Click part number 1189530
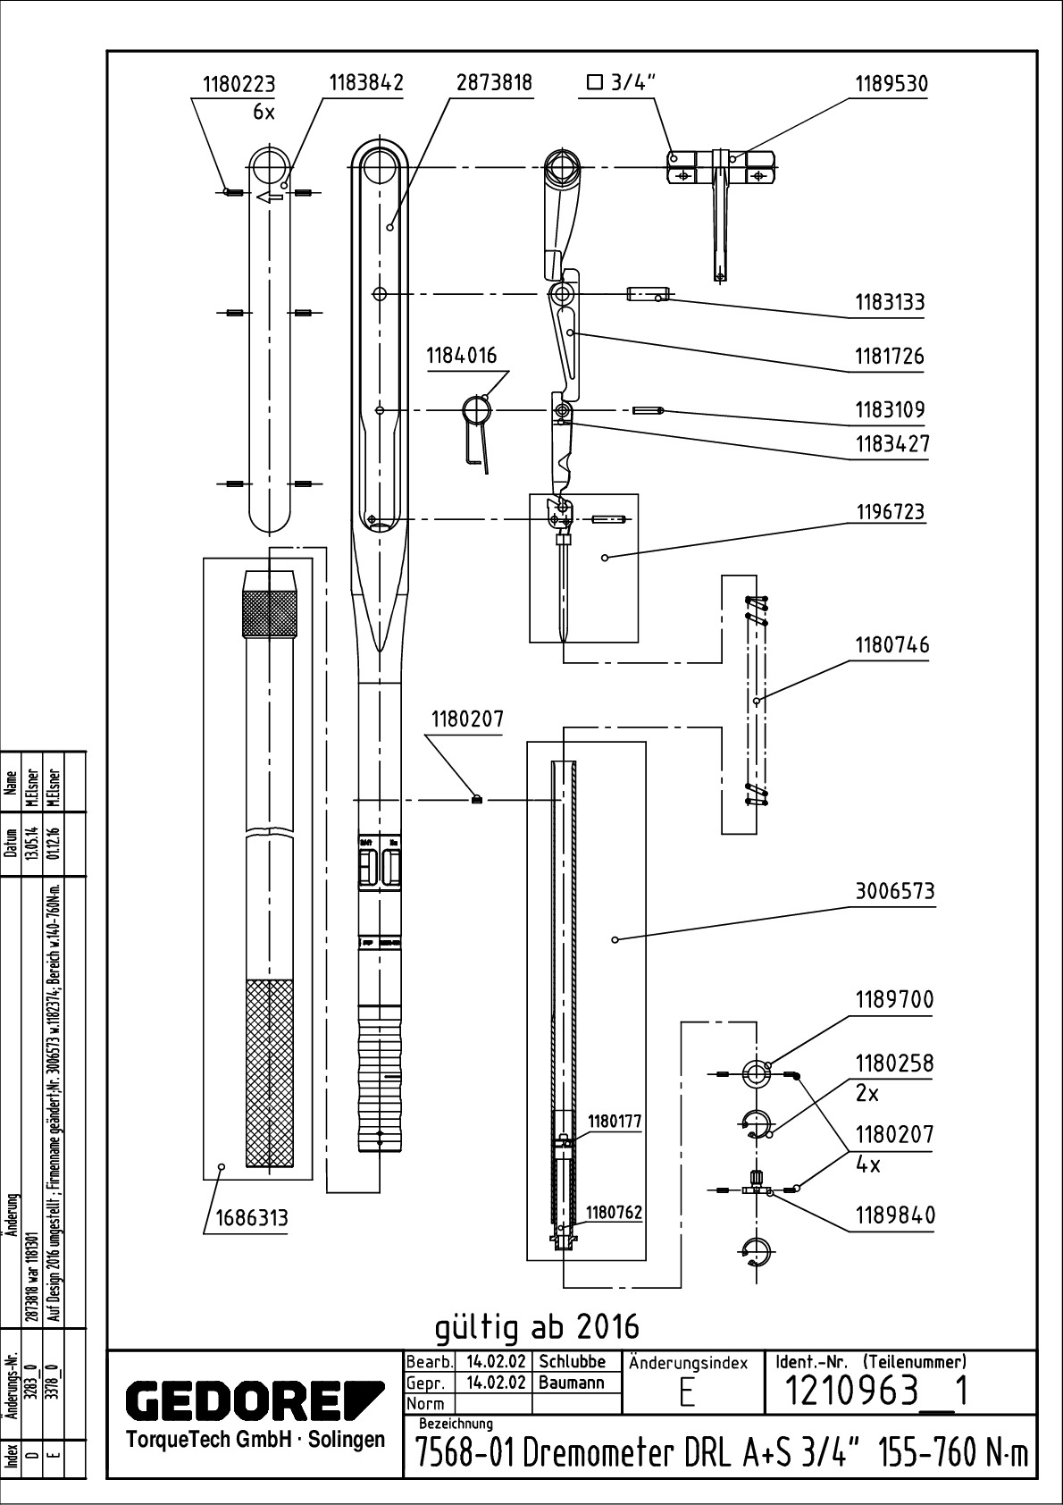pos(891,84)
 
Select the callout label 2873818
pos(494,83)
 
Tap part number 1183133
pos(890,302)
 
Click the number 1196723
pos(891,512)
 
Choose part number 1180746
pos(891,645)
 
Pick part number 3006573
pos(894,891)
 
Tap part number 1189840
pos(895,1215)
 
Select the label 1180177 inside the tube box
pos(614,1122)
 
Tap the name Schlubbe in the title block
pos(572,1362)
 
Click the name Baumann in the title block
pos(572,1383)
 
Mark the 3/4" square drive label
pos(622,84)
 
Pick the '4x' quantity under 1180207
pos(868,1165)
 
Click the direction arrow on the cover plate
pos(269,198)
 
